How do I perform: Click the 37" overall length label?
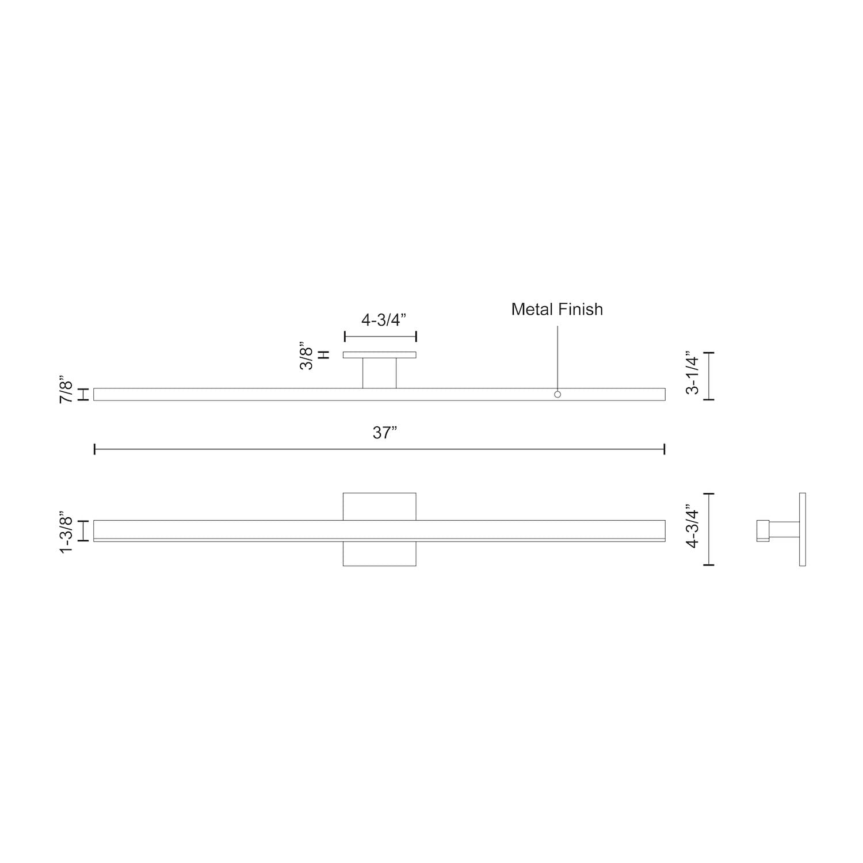coord(385,433)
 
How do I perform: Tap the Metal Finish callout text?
coord(557,310)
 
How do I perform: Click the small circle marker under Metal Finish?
coord(557,395)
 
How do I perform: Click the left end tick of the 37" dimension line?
coord(94,449)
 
